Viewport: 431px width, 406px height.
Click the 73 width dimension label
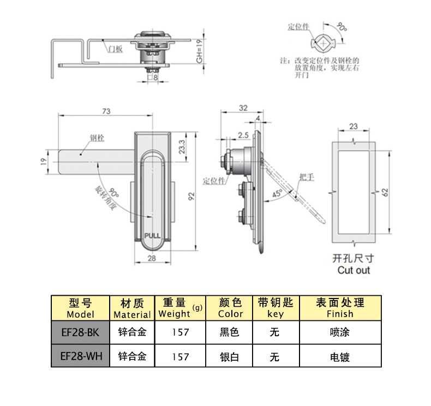coord(106,111)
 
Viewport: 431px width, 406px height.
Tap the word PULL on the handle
coord(152,236)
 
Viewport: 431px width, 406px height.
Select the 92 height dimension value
coord(191,195)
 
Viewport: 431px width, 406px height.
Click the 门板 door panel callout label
coord(115,49)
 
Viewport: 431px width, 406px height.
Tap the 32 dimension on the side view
coord(243,108)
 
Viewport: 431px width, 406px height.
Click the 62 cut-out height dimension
coord(384,192)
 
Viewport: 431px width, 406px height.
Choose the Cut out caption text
coord(353,270)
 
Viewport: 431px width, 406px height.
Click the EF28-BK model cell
coord(79,332)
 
